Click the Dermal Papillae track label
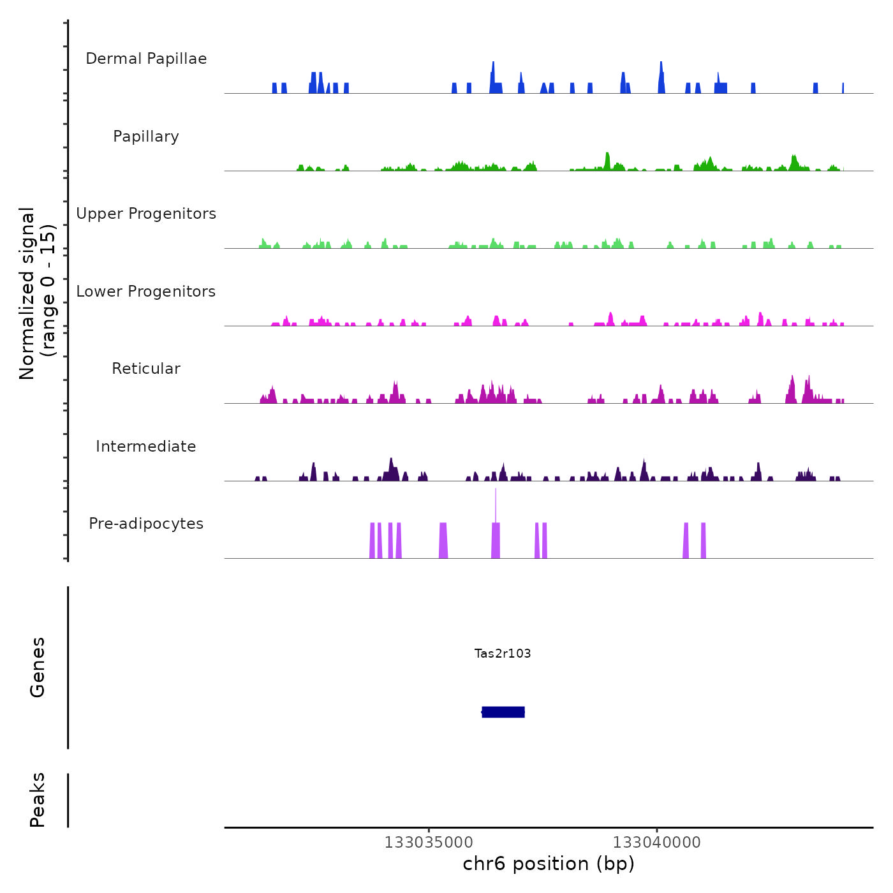(x=146, y=59)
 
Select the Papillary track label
(x=146, y=137)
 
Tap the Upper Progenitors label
(x=146, y=214)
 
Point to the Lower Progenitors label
(x=146, y=292)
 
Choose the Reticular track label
(x=146, y=369)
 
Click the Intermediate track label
(x=146, y=447)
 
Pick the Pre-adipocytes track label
(x=146, y=524)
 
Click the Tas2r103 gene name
(x=503, y=653)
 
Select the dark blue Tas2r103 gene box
(x=503, y=712)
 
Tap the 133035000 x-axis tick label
(x=429, y=843)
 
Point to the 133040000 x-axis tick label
(x=657, y=843)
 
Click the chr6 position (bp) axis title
(x=549, y=864)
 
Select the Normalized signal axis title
(x=37, y=293)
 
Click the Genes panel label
(x=38, y=667)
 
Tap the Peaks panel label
(x=38, y=800)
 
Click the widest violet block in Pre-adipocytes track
(x=443, y=541)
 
